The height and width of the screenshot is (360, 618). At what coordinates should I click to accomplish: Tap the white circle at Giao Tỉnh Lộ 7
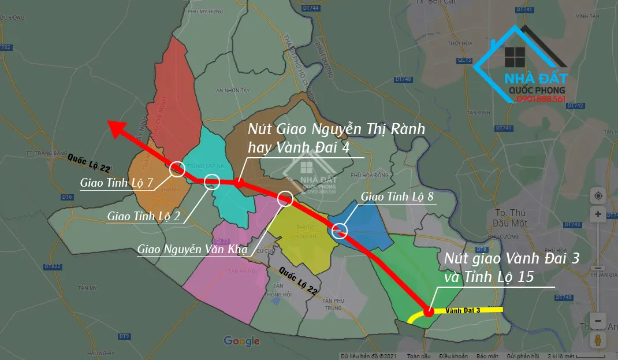coord(177,169)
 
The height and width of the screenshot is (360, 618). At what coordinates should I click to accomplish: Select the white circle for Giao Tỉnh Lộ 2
coord(212,181)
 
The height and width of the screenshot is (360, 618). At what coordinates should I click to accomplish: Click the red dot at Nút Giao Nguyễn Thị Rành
coord(237,183)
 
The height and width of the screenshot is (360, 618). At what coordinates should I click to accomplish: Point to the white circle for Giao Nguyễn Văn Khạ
coord(285,199)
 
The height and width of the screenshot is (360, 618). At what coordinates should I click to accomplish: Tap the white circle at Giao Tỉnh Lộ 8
coord(340,232)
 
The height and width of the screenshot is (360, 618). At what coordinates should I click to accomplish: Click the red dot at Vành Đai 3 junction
coord(429,312)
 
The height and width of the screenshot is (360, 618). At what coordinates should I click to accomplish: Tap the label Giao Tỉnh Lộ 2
coord(144,216)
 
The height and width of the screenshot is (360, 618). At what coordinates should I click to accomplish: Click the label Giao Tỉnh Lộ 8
coord(397,196)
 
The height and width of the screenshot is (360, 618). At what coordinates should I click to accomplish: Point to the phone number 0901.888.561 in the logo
coord(542,99)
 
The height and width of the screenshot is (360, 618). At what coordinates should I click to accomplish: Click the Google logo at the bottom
coord(241,341)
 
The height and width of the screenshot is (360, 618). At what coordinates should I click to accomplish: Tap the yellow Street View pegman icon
coord(598,340)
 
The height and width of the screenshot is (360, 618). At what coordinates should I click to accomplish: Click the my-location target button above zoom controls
coord(598,196)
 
